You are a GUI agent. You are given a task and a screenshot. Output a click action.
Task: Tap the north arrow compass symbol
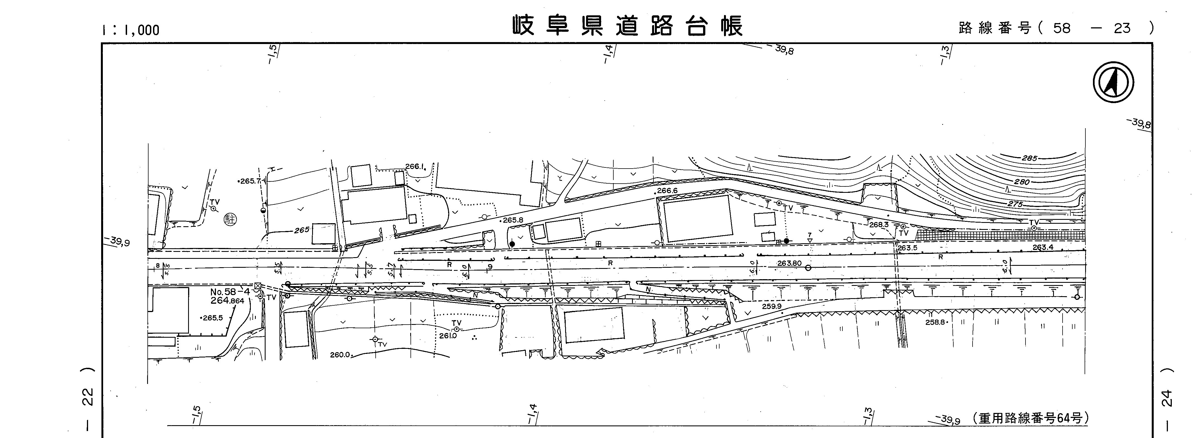point(1113,82)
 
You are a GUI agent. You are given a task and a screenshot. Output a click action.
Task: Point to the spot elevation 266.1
point(415,166)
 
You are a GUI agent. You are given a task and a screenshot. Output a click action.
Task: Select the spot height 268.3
point(878,225)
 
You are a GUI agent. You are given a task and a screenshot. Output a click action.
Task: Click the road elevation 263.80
point(789,264)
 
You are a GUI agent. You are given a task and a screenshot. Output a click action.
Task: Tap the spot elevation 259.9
point(772,307)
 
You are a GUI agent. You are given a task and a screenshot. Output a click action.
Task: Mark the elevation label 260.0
point(340,355)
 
